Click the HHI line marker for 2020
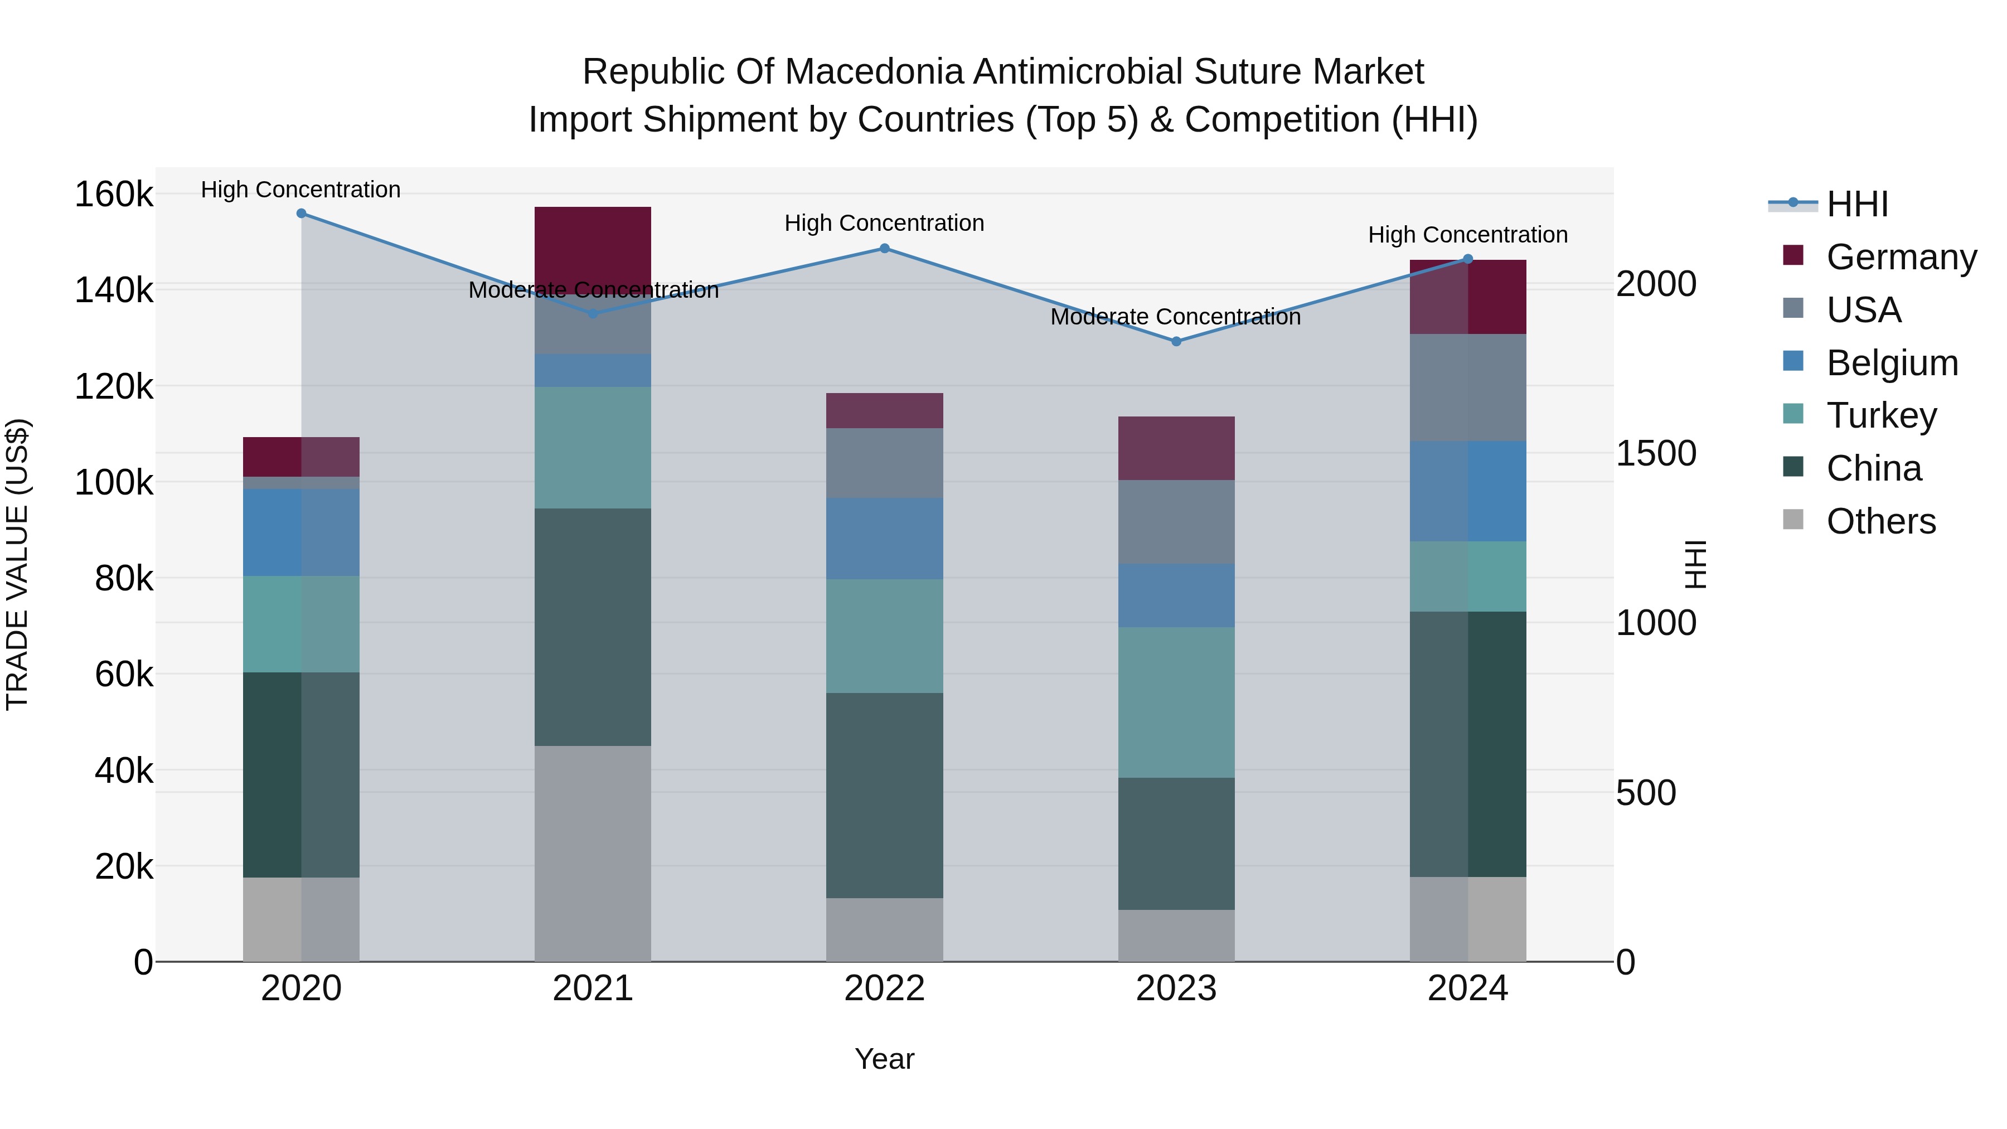302,214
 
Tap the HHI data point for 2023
1176,341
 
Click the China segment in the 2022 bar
884,794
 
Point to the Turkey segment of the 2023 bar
1176,702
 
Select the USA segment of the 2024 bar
1468,387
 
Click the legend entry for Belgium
1891,363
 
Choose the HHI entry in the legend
1856,204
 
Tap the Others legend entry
1880,521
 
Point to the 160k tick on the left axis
114,194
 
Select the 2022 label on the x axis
884,989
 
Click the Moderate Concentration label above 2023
1176,317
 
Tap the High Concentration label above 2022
884,224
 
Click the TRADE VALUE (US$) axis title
17,564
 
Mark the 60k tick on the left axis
123,674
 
